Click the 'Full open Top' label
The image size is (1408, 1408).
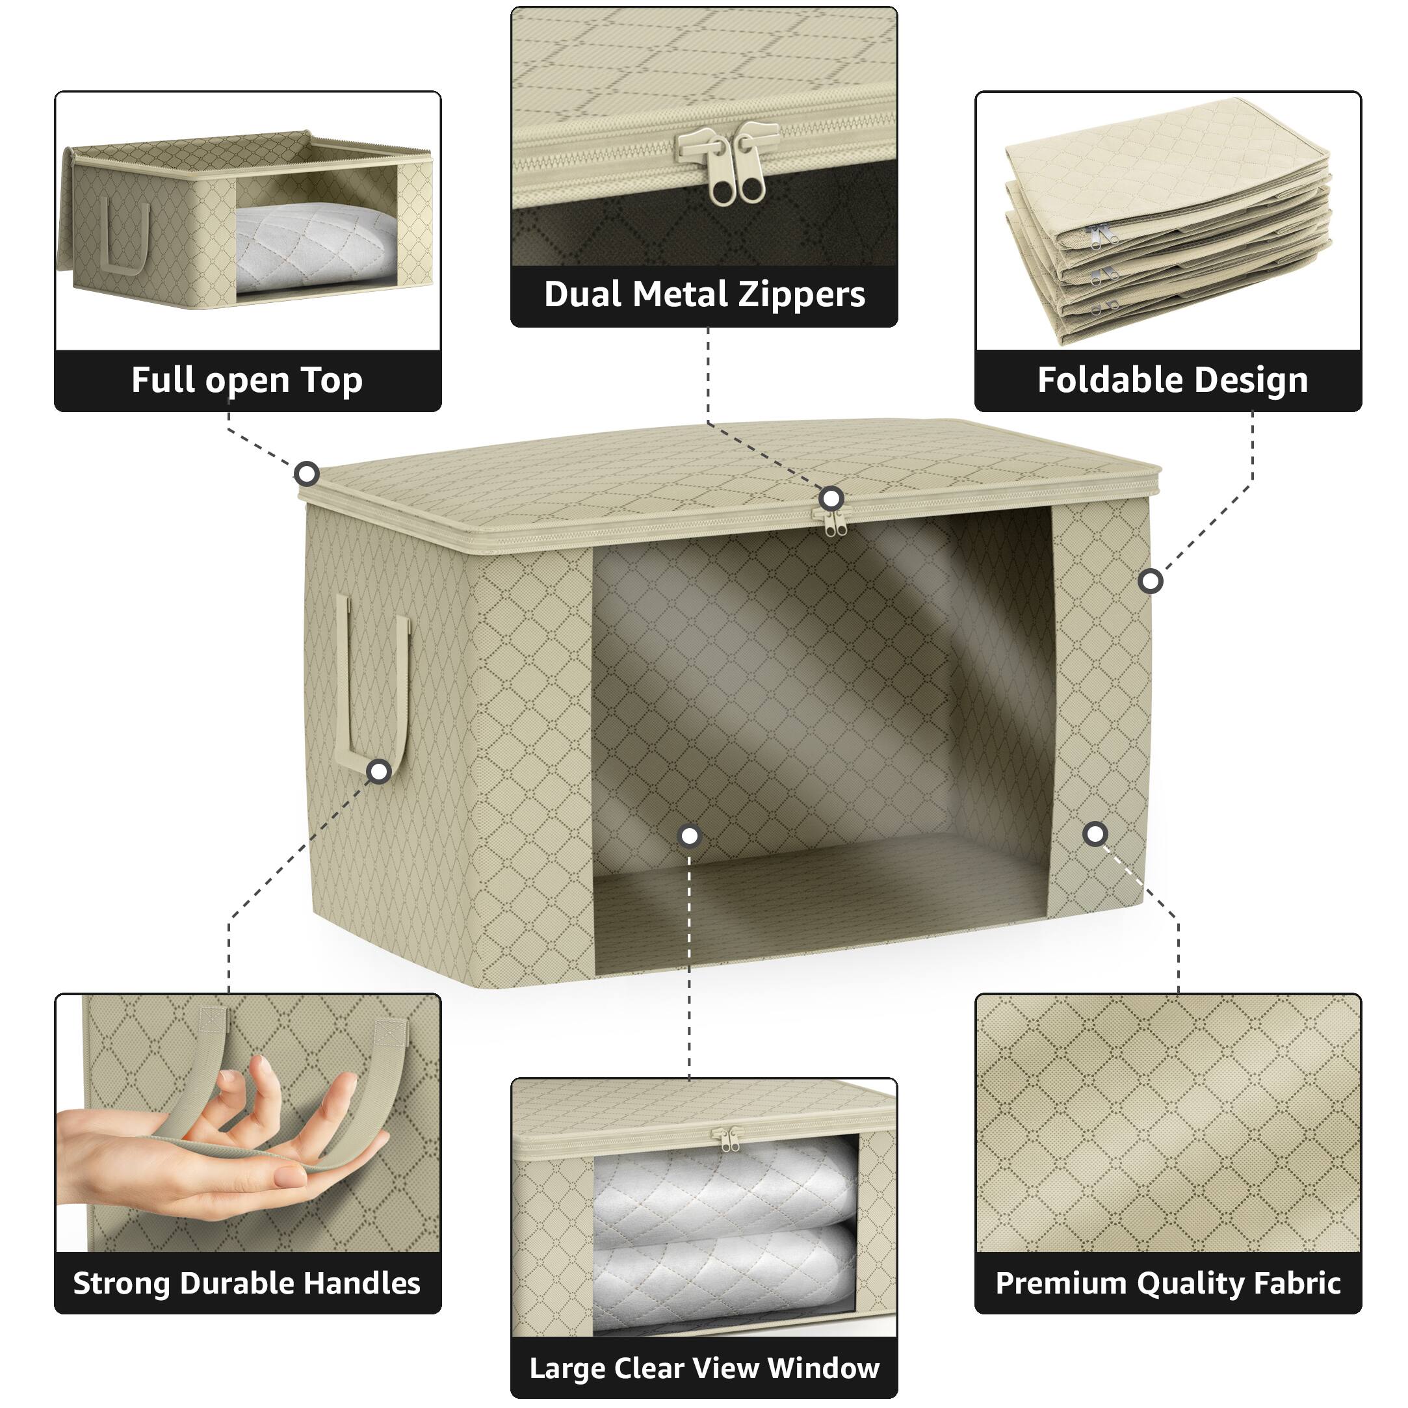246,380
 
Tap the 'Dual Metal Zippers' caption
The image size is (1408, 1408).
704,294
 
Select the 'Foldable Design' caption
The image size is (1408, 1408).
1172,380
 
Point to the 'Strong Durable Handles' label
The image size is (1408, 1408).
246,1283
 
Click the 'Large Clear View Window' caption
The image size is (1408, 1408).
704,1368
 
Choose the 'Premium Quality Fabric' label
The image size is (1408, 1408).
1167,1283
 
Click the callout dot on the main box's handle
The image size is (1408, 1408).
379,771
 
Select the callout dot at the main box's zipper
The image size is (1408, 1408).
831,499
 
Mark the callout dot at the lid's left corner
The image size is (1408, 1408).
307,475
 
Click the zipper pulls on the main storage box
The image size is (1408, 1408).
835,522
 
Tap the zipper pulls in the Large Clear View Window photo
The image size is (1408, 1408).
728,1138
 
